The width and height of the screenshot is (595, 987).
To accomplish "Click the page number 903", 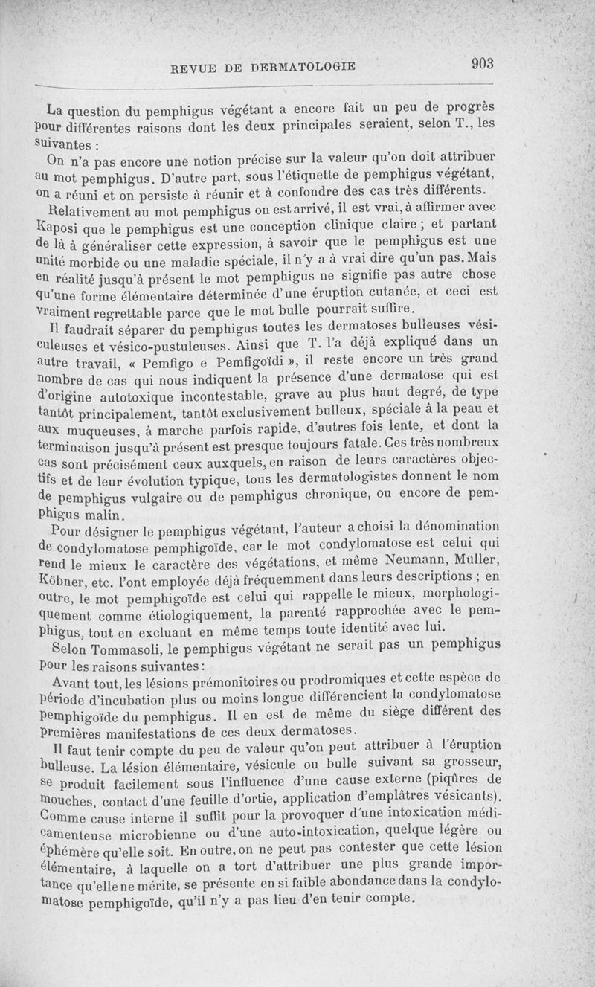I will [483, 63].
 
